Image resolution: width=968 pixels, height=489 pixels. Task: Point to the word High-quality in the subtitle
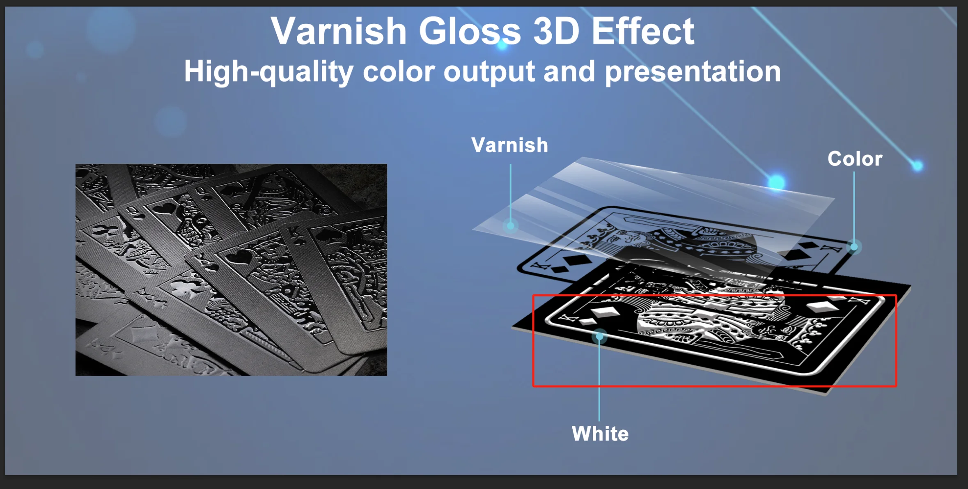tap(268, 72)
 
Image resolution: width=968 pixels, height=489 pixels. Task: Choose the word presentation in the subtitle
tap(693, 72)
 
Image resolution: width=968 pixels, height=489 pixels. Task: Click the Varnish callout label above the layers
tap(509, 145)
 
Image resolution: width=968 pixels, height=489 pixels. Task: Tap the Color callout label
tap(855, 158)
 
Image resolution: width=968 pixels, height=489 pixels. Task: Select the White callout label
tap(600, 434)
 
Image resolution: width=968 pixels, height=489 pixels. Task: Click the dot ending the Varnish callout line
tap(511, 226)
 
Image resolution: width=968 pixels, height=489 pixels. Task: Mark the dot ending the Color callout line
tap(854, 247)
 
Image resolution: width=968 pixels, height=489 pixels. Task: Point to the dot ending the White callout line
tap(599, 337)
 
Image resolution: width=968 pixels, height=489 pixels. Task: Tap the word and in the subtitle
tap(570, 72)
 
